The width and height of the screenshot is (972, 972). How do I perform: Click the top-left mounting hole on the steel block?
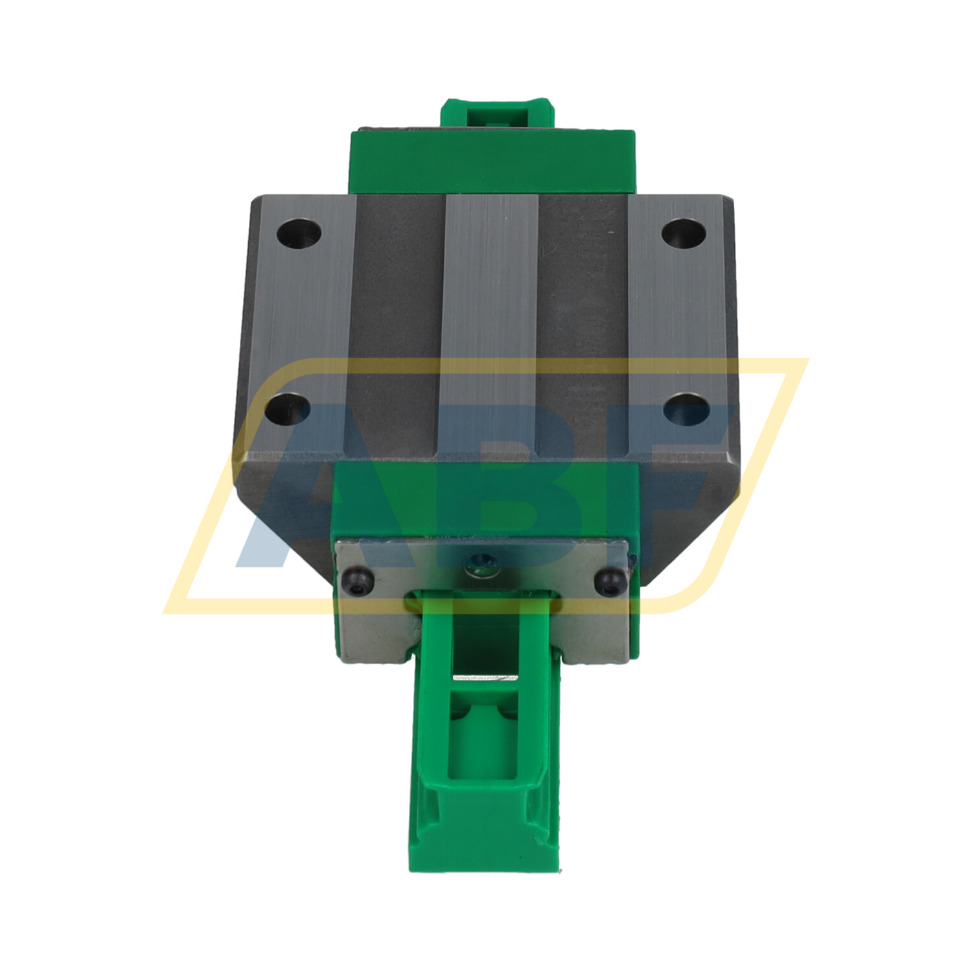point(299,233)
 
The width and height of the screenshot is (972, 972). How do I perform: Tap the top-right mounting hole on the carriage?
point(684,233)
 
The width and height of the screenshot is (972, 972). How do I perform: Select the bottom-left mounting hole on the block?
point(288,410)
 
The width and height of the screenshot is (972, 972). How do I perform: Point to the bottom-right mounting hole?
point(686,410)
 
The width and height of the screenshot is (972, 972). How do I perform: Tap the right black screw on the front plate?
point(607,579)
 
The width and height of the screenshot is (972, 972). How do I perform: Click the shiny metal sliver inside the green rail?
point(485,678)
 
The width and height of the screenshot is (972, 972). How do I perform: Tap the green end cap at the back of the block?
point(492,162)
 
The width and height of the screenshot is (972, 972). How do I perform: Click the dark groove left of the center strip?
point(397,324)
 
